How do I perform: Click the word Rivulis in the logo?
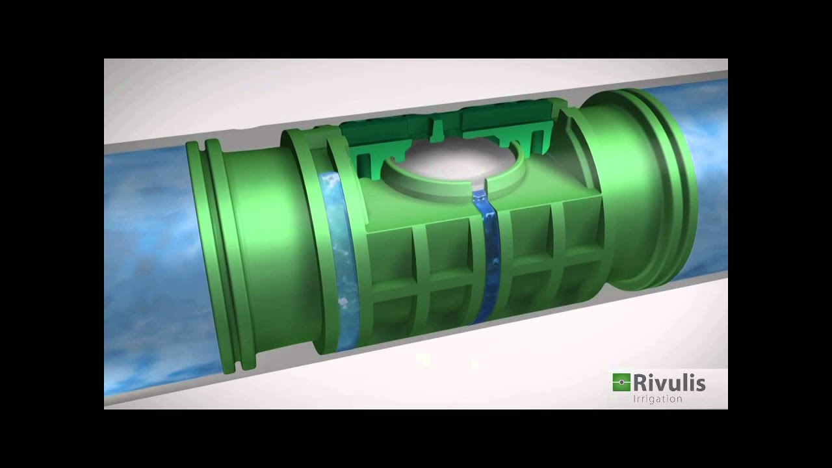669,383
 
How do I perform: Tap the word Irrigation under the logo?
657,399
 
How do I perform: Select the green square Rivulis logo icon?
621,382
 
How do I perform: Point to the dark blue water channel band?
486,256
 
